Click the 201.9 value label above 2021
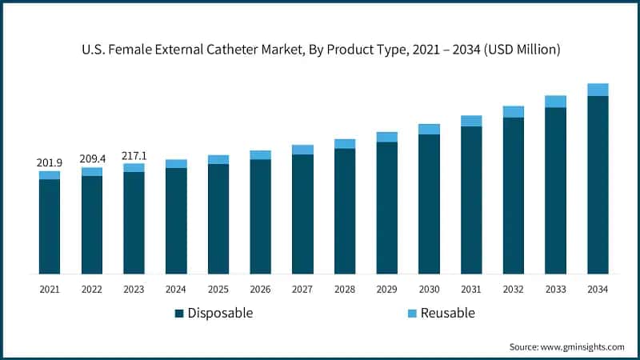(x=49, y=162)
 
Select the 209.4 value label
(x=91, y=159)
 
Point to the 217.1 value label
(x=134, y=155)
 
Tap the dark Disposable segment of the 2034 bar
(x=598, y=185)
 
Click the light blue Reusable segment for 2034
(x=598, y=90)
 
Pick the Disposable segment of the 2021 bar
(x=49, y=226)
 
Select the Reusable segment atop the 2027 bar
(x=302, y=150)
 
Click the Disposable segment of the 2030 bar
(x=429, y=204)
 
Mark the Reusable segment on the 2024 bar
(x=176, y=164)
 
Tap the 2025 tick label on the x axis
(x=218, y=289)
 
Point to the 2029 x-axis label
(x=386, y=289)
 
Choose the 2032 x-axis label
(x=513, y=289)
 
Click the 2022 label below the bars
(x=91, y=289)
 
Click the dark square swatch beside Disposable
(x=179, y=313)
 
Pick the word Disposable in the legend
(x=220, y=313)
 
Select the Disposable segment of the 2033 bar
(x=555, y=190)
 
